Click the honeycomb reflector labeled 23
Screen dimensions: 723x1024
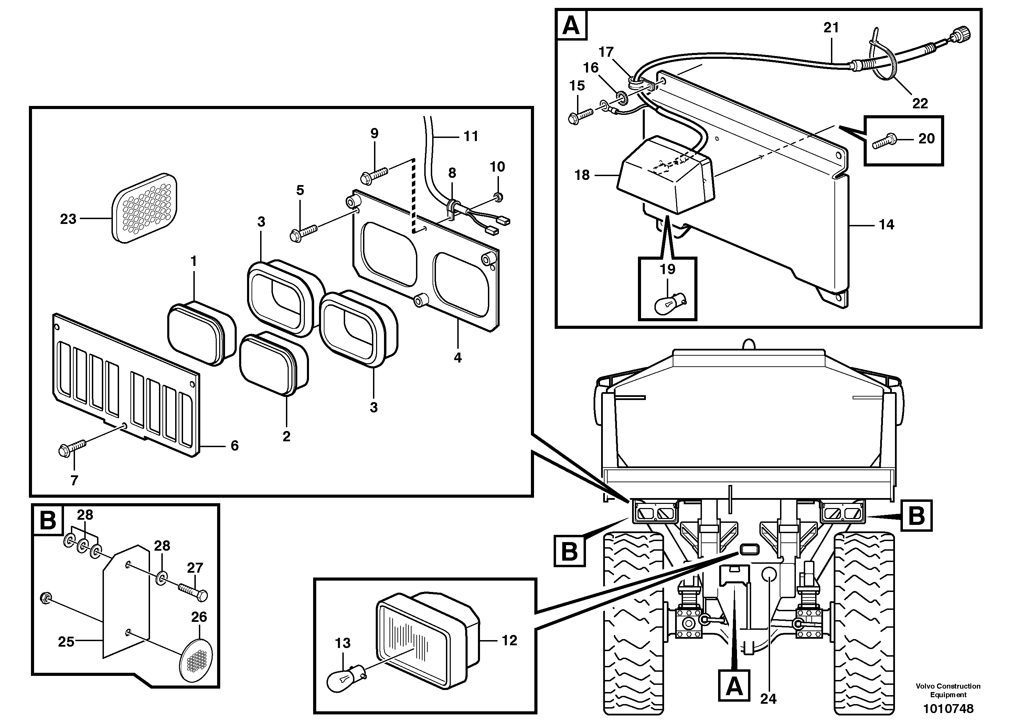[143, 208]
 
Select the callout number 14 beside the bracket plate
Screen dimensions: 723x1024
[886, 225]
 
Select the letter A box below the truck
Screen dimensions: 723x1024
[734, 687]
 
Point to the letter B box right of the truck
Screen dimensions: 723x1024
[916, 516]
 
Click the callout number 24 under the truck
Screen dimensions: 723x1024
[768, 699]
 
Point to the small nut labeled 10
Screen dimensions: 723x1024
[499, 196]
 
